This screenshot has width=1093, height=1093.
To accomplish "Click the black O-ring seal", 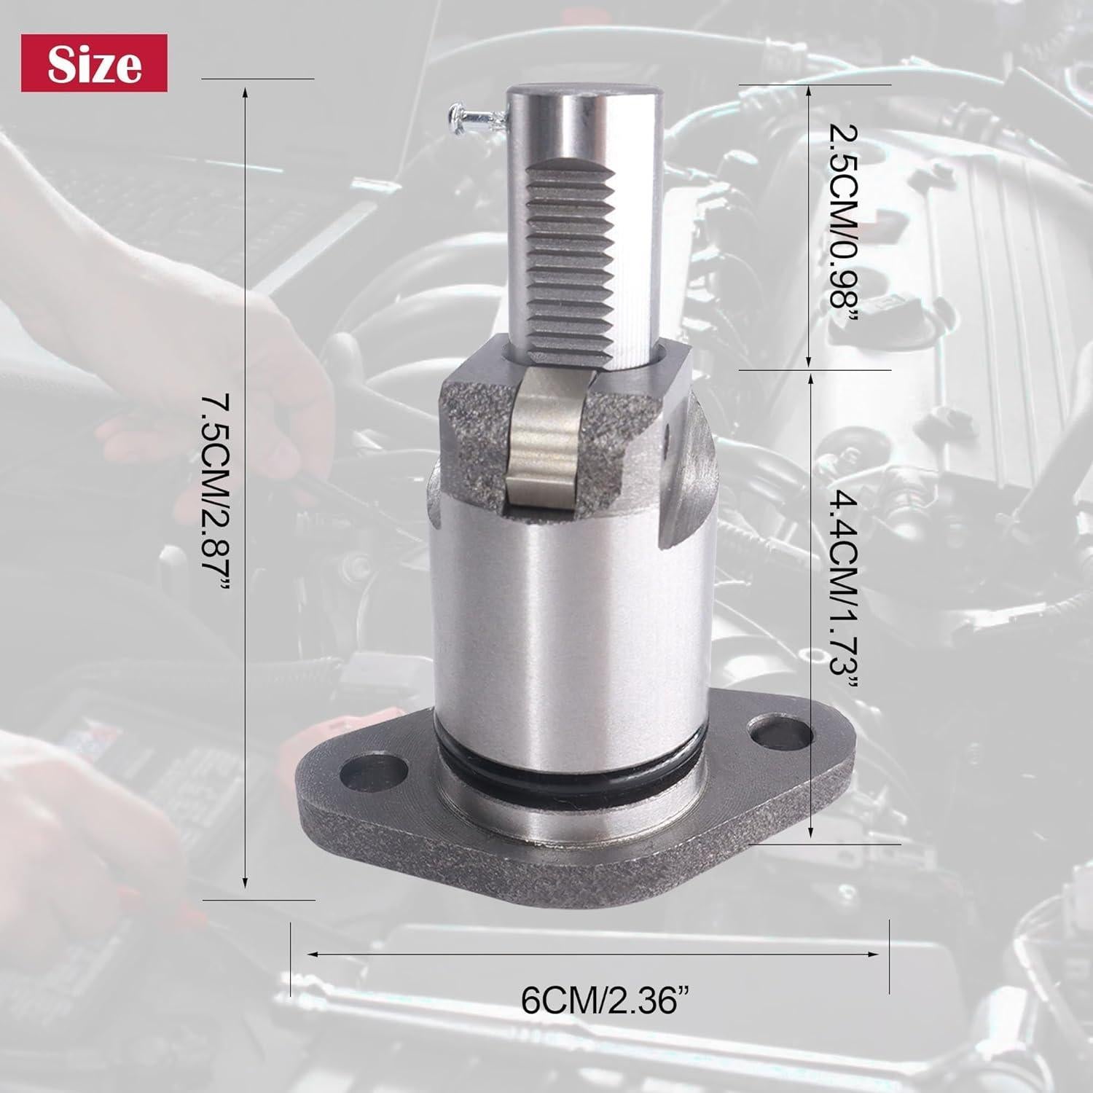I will click(x=568, y=783).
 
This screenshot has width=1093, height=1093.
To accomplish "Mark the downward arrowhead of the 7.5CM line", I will click(x=246, y=886).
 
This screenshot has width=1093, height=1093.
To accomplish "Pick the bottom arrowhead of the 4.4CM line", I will click(x=809, y=837).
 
